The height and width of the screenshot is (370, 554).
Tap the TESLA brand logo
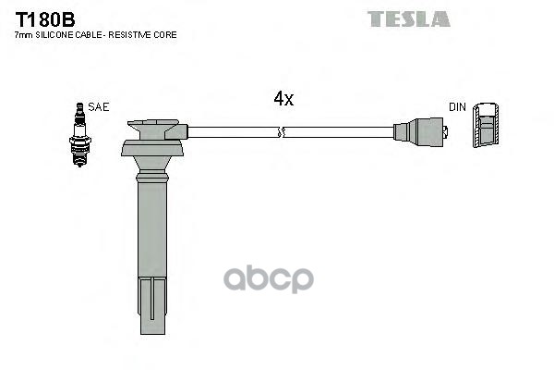pos(408,18)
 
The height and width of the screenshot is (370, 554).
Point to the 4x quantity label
pos(283,99)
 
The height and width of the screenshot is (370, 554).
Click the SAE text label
pos(99,107)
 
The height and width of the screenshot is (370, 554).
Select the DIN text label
pos(457,107)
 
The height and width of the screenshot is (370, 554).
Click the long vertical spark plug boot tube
pos(152,231)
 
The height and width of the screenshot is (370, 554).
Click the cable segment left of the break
pos(235,133)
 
